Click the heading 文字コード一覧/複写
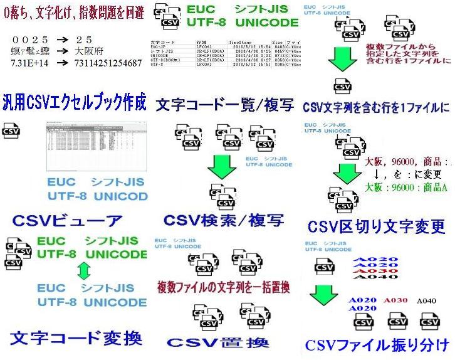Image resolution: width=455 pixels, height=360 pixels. (x=224, y=103)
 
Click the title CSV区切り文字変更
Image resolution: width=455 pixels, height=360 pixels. (x=377, y=225)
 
